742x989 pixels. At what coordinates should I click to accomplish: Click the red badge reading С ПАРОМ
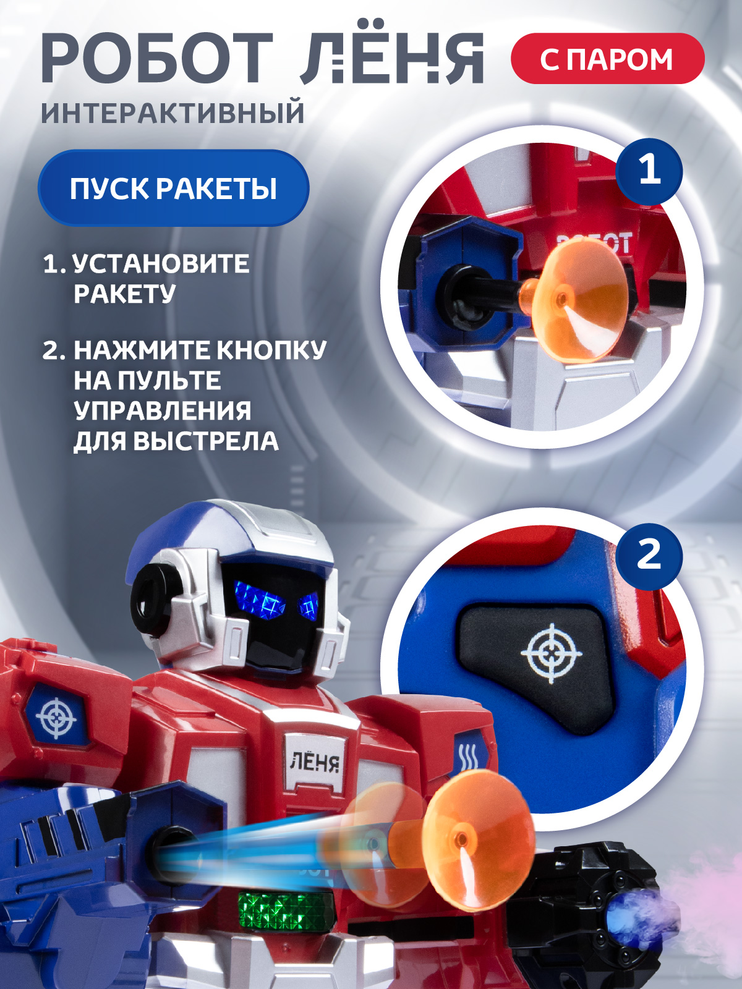point(607,59)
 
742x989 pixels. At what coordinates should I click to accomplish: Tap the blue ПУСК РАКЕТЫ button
point(173,188)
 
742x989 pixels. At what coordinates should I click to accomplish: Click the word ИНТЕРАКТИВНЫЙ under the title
point(173,113)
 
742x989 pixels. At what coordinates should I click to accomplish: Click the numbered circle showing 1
point(649,171)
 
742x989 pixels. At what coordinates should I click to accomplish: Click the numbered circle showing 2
point(649,554)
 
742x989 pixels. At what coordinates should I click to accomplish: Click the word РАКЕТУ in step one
point(125,294)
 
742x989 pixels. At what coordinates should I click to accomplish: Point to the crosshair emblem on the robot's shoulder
point(56,718)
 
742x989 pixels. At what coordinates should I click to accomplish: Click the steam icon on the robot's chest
point(467,757)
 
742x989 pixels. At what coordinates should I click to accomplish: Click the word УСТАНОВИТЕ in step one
point(161,264)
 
